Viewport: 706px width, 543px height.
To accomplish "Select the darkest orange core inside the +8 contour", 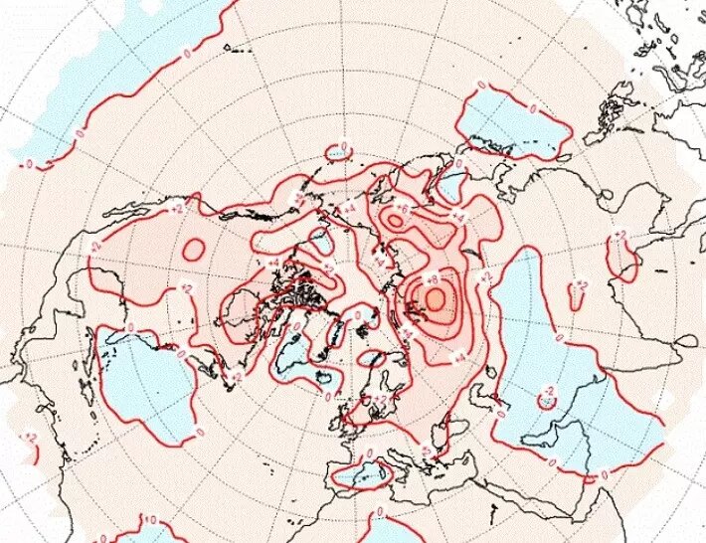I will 435,297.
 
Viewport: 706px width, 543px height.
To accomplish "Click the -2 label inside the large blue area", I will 545,392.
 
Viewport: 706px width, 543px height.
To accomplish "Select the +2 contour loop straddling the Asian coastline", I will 623,257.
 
